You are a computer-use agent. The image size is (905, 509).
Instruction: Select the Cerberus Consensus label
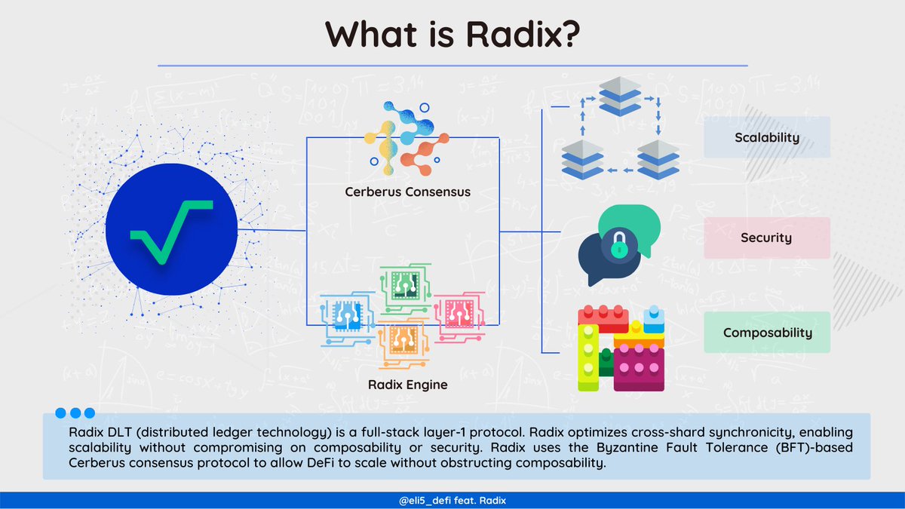407,192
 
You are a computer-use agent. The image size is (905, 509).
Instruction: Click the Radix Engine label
407,385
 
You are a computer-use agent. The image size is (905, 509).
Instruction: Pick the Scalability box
766,138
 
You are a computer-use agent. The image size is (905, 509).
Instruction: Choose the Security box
766,238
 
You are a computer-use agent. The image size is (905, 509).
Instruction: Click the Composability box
766,333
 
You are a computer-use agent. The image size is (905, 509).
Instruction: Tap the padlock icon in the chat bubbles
618,243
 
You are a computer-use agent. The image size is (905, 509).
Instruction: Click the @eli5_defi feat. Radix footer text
452,501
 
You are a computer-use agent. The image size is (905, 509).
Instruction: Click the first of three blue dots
61,413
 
